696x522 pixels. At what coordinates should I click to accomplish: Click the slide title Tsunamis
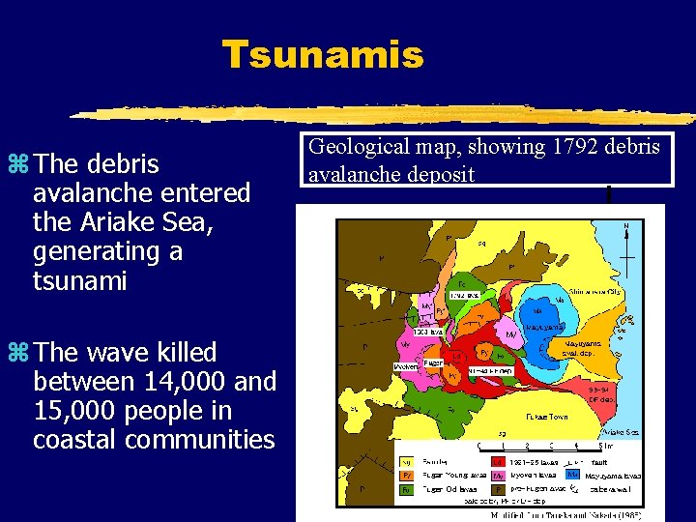(x=322, y=54)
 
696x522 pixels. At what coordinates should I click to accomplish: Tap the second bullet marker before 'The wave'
(x=20, y=353)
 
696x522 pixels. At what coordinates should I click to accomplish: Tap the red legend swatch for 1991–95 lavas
(x=499, y=462)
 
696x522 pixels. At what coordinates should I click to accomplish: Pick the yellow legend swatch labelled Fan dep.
(x=407, y=462)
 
